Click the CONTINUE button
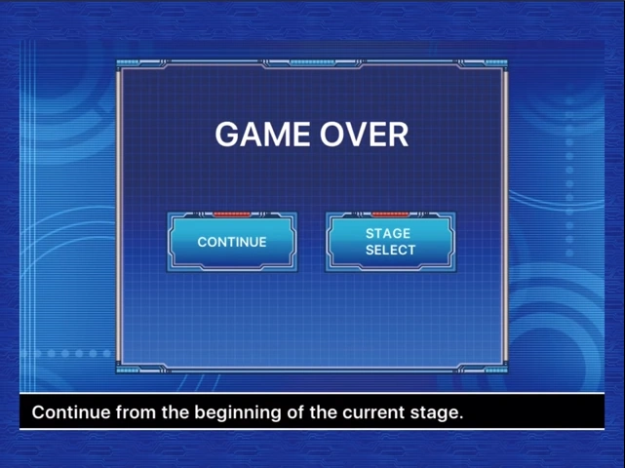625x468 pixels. coord(232,242)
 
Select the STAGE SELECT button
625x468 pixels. coord(390,242)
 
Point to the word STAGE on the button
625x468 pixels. coord(388,234)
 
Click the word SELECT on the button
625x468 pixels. coord(390,251)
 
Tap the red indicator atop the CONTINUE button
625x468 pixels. coord(232,214)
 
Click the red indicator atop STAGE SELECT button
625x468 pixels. coord(390,214)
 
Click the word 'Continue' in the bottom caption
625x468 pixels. coord(71,412)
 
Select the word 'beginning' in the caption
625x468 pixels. coord(238,412)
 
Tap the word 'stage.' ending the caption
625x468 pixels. coord(439,412)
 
